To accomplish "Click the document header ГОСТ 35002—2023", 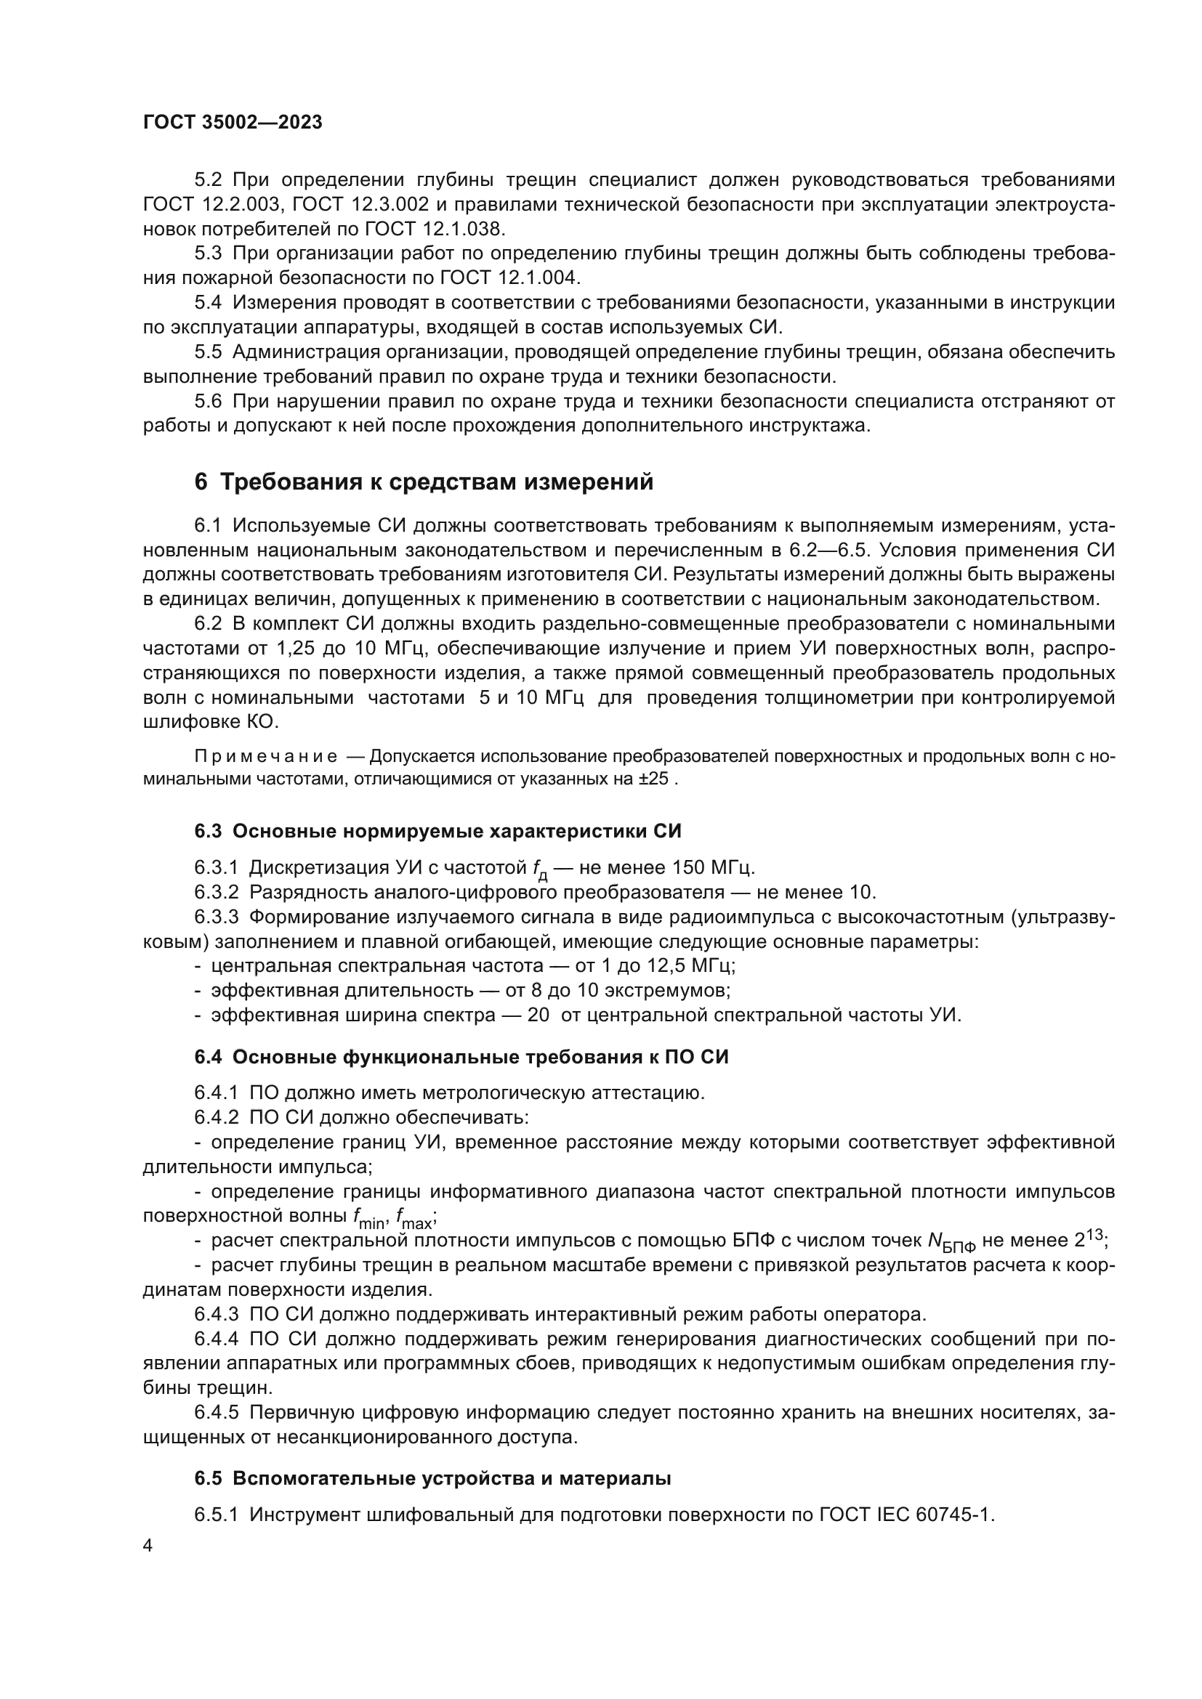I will point(233,123).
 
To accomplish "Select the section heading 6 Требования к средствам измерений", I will point(424,482).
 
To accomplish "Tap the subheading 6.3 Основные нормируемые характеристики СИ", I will point(437,831).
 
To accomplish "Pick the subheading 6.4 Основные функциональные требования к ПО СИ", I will point(461,1058).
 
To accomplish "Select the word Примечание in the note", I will point(266,756).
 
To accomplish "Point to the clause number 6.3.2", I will point(216,892).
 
